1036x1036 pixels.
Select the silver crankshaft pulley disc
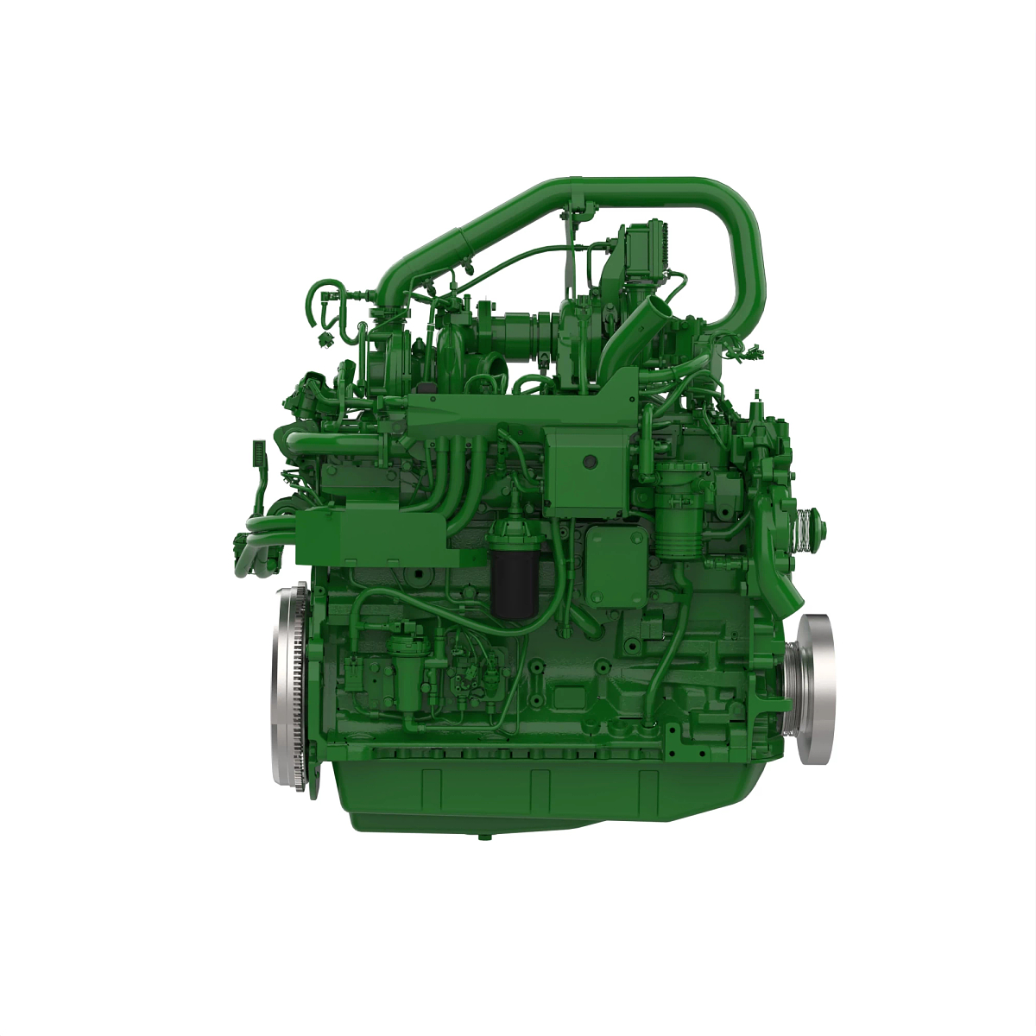815,688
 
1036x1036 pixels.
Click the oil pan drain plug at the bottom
484,836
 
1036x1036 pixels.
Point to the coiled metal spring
805,524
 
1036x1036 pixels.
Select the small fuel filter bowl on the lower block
402,664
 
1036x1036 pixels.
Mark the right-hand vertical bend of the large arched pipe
744,259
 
